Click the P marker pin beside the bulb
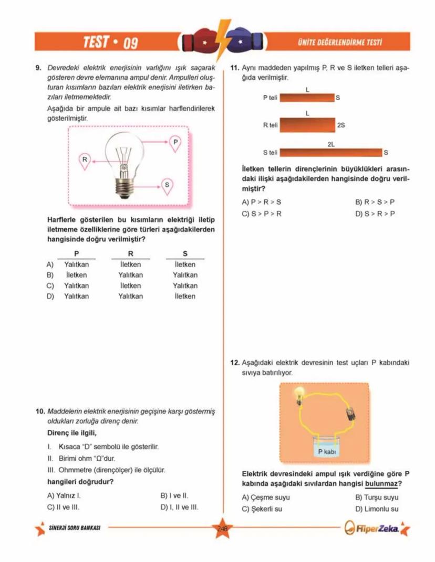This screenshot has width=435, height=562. (x=175, y=143)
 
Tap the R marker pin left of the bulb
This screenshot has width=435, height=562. (x=84, y=160)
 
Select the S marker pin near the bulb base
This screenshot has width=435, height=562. (x=167, y=185)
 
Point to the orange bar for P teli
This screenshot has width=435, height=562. (x=307, y=98)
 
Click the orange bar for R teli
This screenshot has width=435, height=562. (x=307, y=125)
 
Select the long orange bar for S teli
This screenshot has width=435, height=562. (x=331, y=153)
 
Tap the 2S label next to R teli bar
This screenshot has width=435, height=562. (x=341, y=126)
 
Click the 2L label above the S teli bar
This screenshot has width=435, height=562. (x=331, y=144)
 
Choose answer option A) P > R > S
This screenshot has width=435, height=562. (x=261, y=202)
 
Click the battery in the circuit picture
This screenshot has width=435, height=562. (x=350, y=414)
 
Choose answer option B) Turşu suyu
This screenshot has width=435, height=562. (x=377, y=497)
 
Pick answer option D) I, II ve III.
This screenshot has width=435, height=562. (x=179, y=507)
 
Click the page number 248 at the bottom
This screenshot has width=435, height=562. (x=222, y=529)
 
